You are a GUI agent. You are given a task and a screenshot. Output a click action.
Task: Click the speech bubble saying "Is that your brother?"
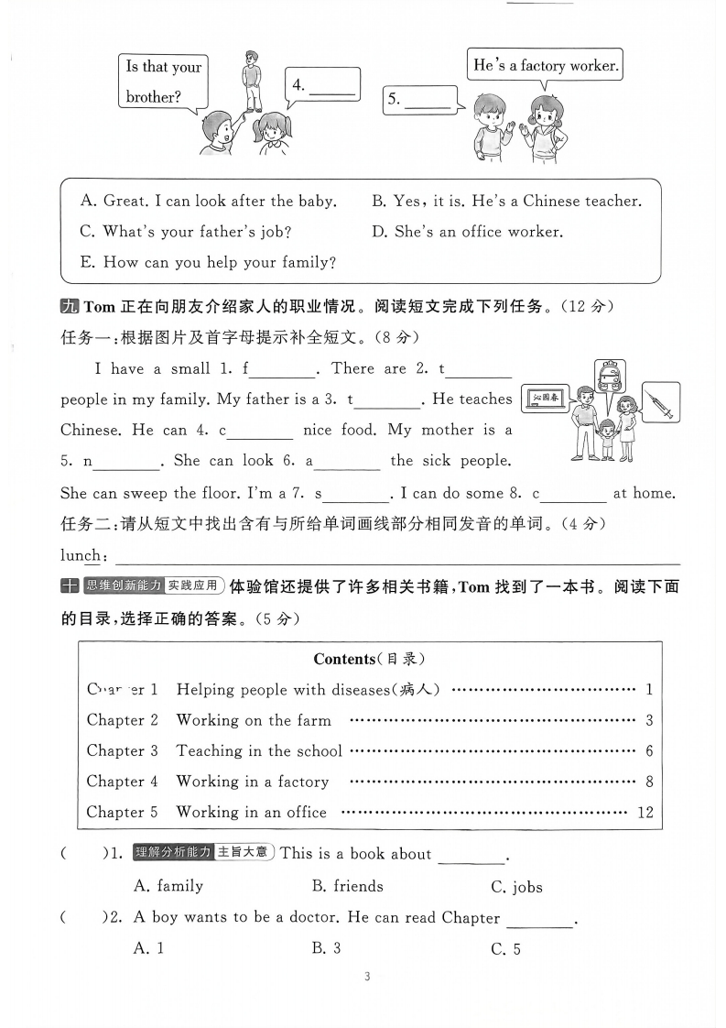pyautogui.click(x=162, y=82)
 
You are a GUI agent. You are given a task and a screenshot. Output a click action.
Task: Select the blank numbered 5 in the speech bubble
pyautogui.click(x=427, y=101)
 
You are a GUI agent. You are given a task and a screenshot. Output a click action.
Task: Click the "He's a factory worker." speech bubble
pyautogui.click(x=546, y=66)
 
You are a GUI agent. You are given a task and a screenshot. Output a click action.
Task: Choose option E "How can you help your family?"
pyautogui.click(x=208, y=262)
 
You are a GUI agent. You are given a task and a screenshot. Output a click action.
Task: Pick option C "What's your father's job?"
pyautogui.click(x=185, y=232)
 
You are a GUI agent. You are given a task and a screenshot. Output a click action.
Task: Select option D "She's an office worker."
pyautogui.click(x=467, y=232)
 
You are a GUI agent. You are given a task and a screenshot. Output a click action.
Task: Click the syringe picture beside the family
pyautogui.click(x=659, y=402)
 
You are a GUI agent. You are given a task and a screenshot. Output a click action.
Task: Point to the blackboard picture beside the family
pyautogui.click(x=546, y=399)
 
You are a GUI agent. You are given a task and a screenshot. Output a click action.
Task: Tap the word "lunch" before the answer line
pyautogui.click(x=81, y=555)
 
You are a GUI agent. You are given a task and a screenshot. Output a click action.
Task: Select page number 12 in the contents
pyautogui.click(x=645, y=813)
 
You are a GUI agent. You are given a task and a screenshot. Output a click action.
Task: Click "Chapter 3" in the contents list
pyautogui.click(x=122, y=751)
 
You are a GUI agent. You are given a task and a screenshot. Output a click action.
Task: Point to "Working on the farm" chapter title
pyautogui.click(x=254, y=720)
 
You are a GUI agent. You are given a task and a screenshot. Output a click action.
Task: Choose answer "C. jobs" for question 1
pyautogui.click(x=516, y=886)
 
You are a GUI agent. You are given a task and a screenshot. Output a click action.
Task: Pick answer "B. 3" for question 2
pyautogui.click(x=326, y=948)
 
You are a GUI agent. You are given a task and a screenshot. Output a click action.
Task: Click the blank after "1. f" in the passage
pyautogui.click(x=281, y=369)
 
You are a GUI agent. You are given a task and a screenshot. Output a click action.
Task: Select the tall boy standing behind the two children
pyautogui.click(x=250, y=81)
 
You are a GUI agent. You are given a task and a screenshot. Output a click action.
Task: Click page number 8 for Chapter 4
pyautogui.click(x=648, y=782)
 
